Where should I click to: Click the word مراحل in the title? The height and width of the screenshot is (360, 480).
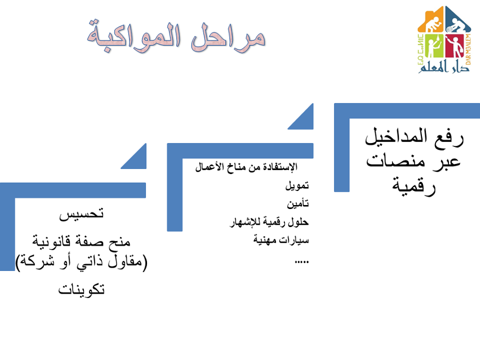228,38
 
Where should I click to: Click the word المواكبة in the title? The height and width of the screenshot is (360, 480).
134,36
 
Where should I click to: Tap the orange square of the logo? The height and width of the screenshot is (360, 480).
431,20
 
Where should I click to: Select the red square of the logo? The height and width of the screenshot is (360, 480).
455,46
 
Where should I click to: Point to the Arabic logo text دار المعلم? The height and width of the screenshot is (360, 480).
443,66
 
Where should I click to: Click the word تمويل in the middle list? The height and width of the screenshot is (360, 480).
297,185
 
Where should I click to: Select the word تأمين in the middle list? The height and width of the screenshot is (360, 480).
298,203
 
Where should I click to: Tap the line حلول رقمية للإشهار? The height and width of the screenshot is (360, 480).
269,222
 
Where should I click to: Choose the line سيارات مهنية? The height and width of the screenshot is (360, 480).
281,240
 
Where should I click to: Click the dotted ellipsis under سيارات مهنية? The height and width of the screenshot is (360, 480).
302,262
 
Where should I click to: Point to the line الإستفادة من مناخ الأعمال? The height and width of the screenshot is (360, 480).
246,167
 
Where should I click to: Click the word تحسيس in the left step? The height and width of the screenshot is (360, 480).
82,214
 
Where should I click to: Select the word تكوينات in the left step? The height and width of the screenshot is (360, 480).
82,289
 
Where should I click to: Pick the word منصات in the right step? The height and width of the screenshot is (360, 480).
393,161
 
